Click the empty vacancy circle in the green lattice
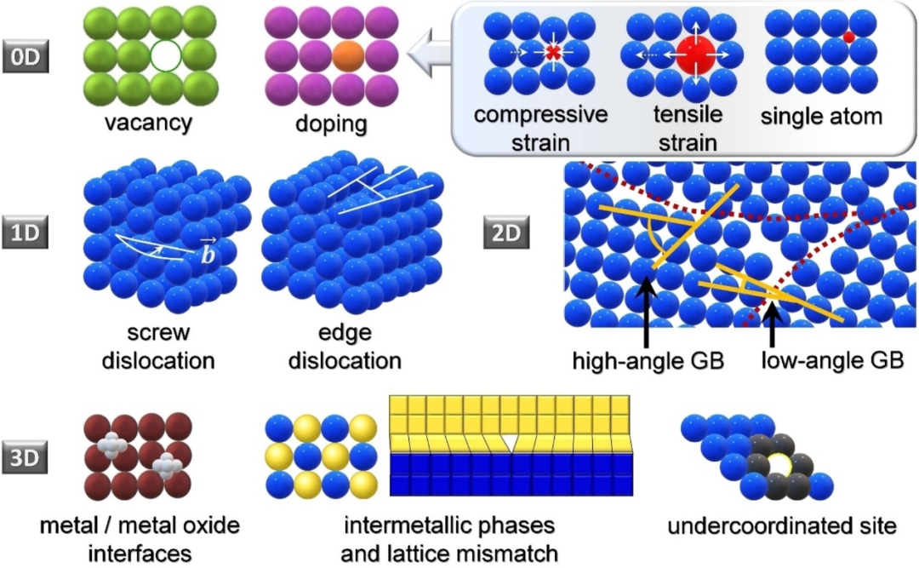pos(166,57)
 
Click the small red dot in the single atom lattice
pos(848,37)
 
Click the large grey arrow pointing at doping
pos(431,57)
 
